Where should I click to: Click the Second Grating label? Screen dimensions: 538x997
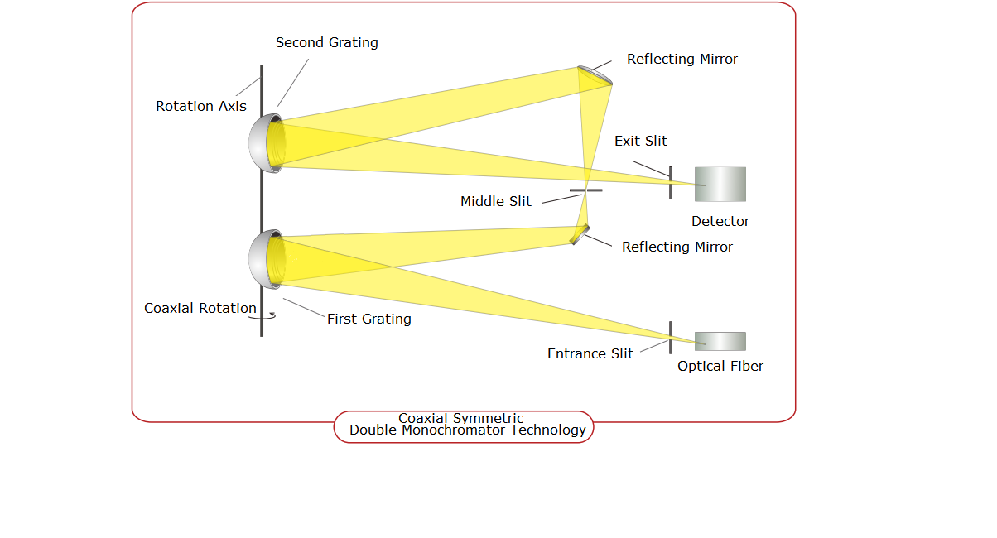[326, 43]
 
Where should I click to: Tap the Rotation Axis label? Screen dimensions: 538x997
[201, 106]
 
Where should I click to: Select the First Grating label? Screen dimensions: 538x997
[368, 319]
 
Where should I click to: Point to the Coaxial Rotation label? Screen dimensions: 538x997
[200, 308]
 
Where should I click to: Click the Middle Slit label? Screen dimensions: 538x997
[496, 201]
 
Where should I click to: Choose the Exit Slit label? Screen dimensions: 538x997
[640, 141]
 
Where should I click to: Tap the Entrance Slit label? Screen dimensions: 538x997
[590, 353]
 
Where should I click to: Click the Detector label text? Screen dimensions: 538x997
[720, 221]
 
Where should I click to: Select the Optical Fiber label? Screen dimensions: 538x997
[720, 366]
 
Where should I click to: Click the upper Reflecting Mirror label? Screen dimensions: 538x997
[682, 59]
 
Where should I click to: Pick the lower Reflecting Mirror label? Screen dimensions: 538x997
[677, 247]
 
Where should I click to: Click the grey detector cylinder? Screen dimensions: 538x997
[720, 184]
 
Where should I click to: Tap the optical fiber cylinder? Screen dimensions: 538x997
[720, 341]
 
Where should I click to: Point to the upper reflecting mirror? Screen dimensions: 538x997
[596, 75]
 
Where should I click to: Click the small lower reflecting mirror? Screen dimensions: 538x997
[580, 234]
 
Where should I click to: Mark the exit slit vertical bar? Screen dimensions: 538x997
[670, 182]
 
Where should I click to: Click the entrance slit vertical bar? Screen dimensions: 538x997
[670, 338]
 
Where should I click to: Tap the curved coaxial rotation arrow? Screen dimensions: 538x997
[264, 315]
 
